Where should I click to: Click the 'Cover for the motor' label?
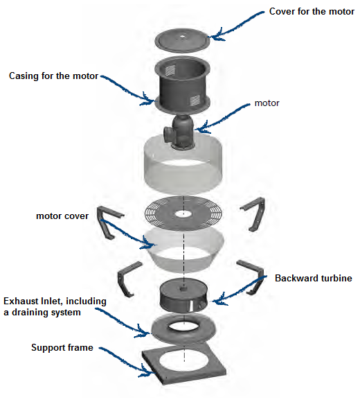(311, 12)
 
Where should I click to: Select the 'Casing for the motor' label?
(54, 75)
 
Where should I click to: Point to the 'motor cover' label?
(62, 216)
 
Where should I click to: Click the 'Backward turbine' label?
(313, 279)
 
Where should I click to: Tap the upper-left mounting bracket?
(108, 222)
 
